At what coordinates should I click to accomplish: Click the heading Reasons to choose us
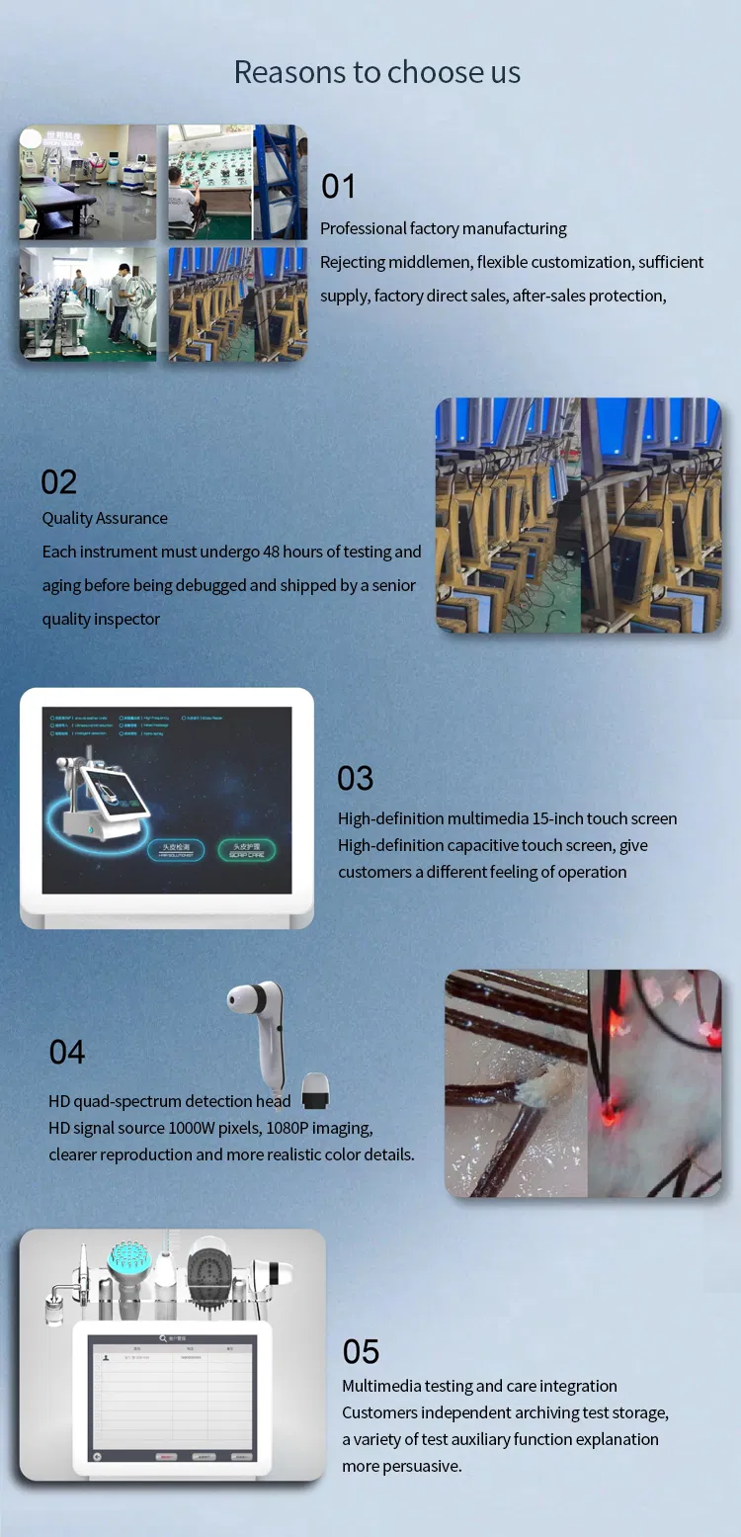376,72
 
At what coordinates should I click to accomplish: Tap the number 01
338,186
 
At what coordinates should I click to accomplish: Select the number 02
58,481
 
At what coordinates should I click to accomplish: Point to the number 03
356,778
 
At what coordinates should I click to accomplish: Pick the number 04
67,1052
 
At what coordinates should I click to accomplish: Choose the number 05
361,1351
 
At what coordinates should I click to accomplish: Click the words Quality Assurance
105,518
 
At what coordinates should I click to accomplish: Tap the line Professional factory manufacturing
443,228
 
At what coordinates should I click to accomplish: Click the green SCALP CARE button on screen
246,850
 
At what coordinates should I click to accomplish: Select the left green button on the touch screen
176,850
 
